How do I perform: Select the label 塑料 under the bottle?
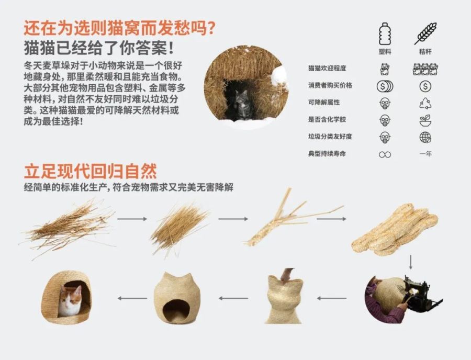click(x=385, y=52)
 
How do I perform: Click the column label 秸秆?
click(x=425, y=52)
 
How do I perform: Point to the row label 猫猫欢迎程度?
click(x=327, y=69)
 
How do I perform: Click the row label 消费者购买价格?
click(x=330, y=85)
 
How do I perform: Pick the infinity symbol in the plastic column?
click(x=385, y=154)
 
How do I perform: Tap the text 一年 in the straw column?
click(x=425, y=154)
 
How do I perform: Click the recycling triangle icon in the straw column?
click(x=425, y=103)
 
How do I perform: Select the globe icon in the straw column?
click(x=425, y=137)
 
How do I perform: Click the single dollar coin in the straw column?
click(x=425, y=86)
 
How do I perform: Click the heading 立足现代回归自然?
click(x=90, y=172)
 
